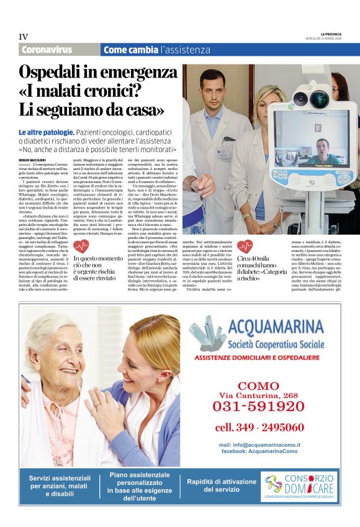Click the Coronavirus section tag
47,50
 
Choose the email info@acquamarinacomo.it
259,444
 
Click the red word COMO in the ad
258,385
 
